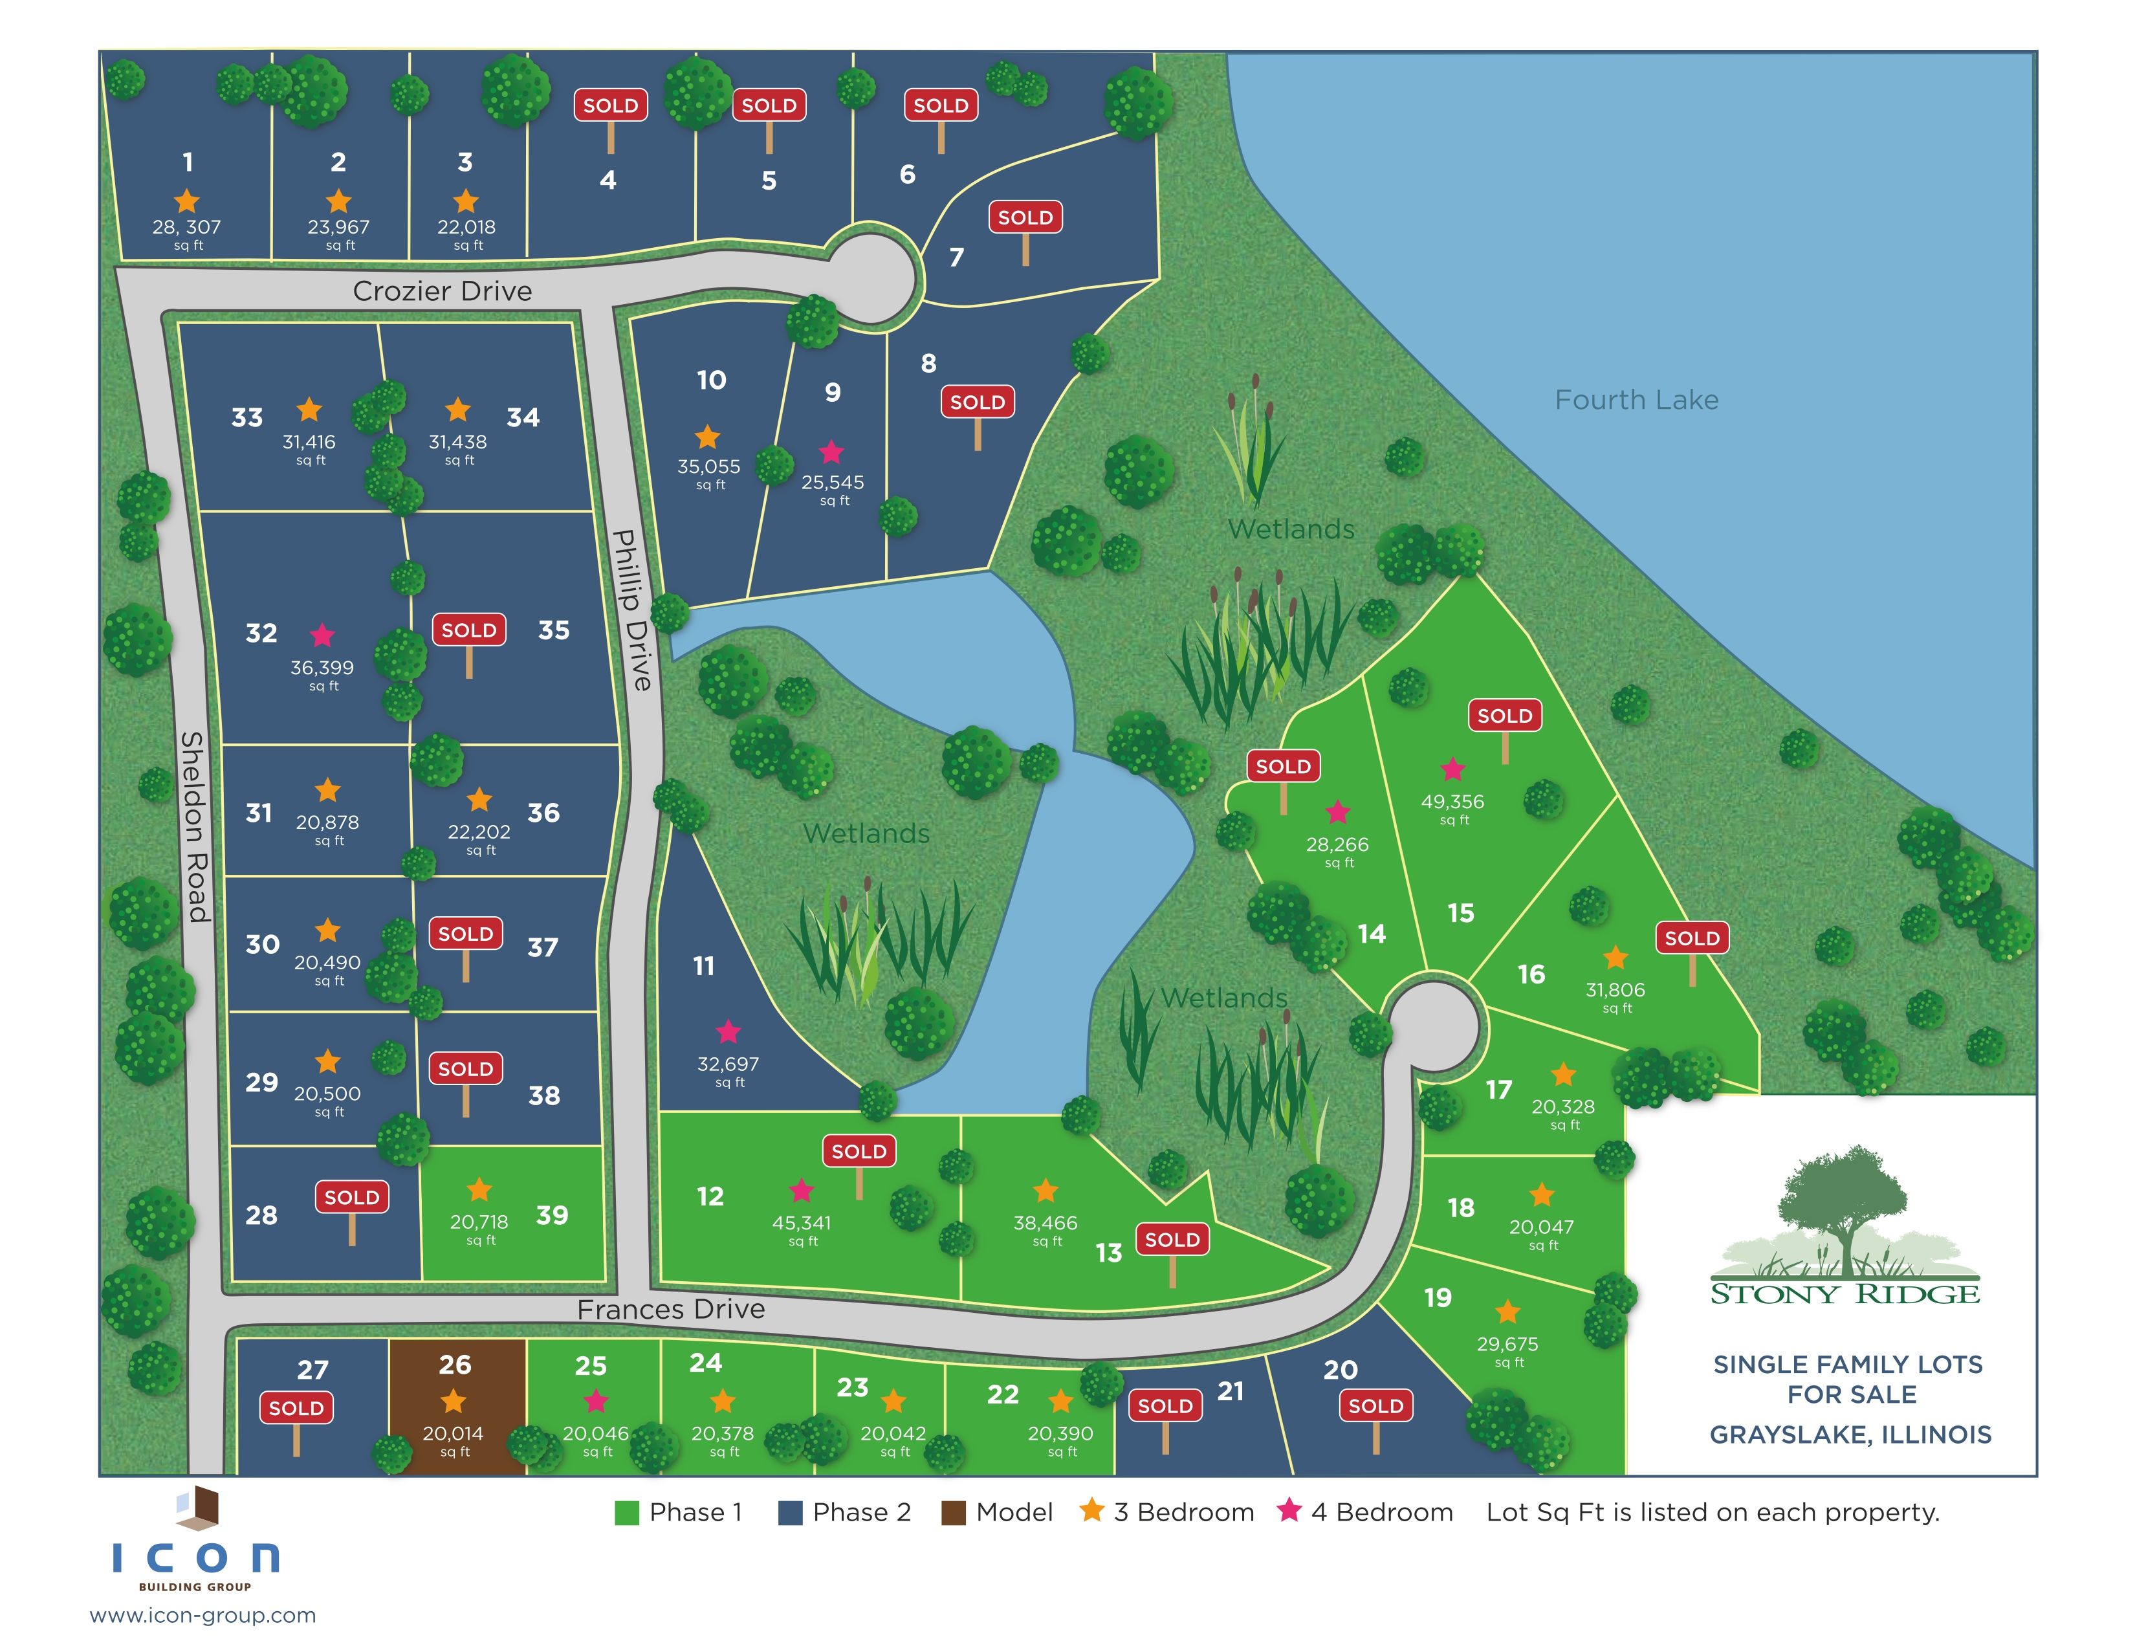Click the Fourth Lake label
pyautogui.click(x=1636, y=400)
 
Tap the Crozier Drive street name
pyautogui.click(x=442, y=291)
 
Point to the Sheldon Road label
pyautogui.click(x=195, y=826)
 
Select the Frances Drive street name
pyautogui.click(x=671, y=1309)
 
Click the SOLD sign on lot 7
pyautogui.click(x=1025, y=218)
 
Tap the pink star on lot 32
pyautogui.click(x=322, y=636)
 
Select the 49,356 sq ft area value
pyautogui.click(x=1452, y=802)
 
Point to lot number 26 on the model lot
pyautogui.click(x=455, y=1365)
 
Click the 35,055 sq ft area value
pyautogui.click(x=708, y=467)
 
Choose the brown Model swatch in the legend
pyautogui.click(x=953, y=1512)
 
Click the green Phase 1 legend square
pyautogui.click(x=627, y=1512)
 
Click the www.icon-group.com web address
pyautogui.click(x=203, y=1616)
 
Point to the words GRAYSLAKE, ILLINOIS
pyautogui.click(x=1850, y=1434)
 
